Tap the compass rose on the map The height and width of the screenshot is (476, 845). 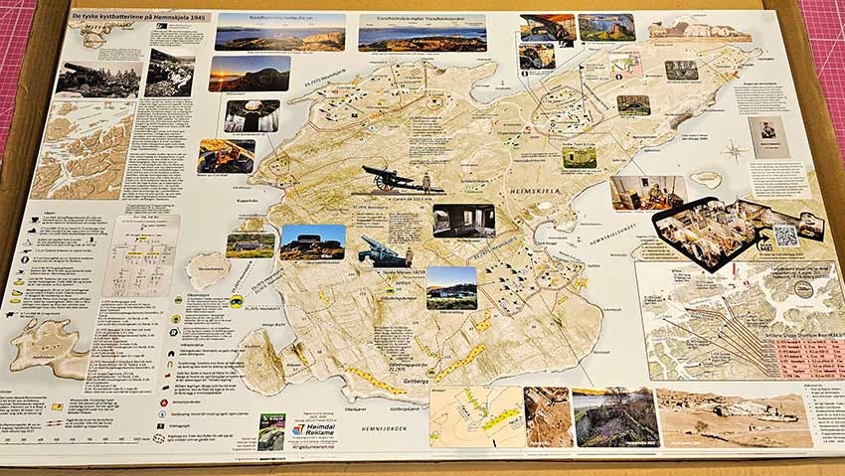(734, 152)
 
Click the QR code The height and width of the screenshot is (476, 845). (785, 236)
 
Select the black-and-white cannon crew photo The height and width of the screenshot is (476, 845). (103, 78)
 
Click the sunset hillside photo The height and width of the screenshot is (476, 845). (249, 73)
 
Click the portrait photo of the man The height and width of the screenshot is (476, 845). (768, 137)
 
